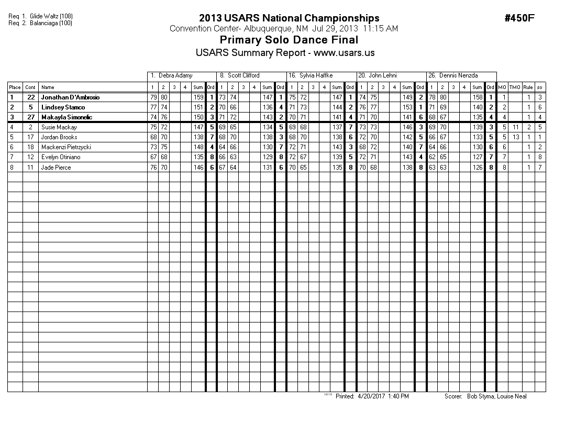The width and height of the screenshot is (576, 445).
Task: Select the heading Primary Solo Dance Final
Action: [289, 40]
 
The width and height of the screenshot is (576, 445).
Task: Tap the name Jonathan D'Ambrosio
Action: [70, 97]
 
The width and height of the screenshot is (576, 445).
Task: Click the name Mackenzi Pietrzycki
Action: [66, 148]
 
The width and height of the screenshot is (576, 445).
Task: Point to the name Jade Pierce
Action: [56, 168]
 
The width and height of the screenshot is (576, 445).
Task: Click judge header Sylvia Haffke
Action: [316, 75]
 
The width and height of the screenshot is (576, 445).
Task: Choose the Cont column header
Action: [30, 87]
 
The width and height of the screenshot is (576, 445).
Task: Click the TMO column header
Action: [515, 87]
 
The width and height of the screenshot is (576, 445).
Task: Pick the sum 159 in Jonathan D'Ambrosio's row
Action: [198, 97]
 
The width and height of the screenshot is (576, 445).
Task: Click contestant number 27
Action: [30, 117]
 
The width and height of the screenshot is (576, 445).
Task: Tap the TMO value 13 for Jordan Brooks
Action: [515, 137]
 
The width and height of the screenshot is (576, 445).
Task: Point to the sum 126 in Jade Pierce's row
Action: [477, 168]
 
